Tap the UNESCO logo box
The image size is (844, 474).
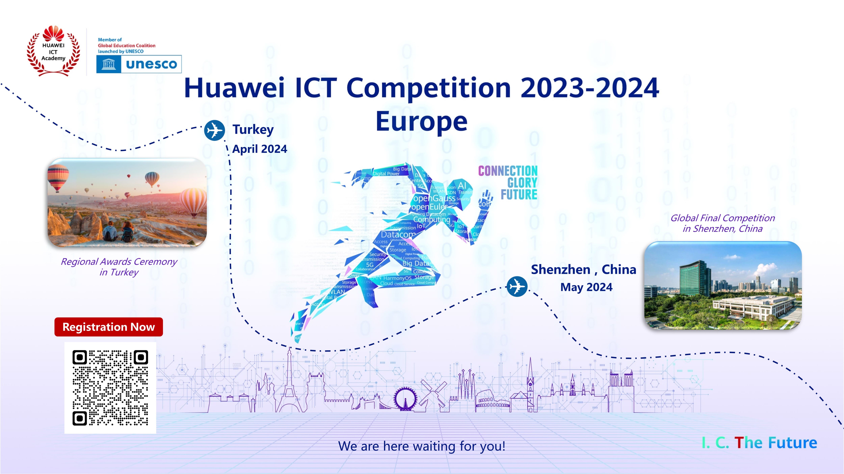click(139, 64)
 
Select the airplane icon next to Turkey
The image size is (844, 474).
click(214, 130)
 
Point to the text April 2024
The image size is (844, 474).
click(259, 149)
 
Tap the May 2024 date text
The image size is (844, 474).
click(586, 287)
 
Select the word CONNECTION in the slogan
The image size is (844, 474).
click(508, 171)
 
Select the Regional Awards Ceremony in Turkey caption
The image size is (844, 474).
click(119, 267)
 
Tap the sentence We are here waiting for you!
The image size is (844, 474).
click(421, 446)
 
